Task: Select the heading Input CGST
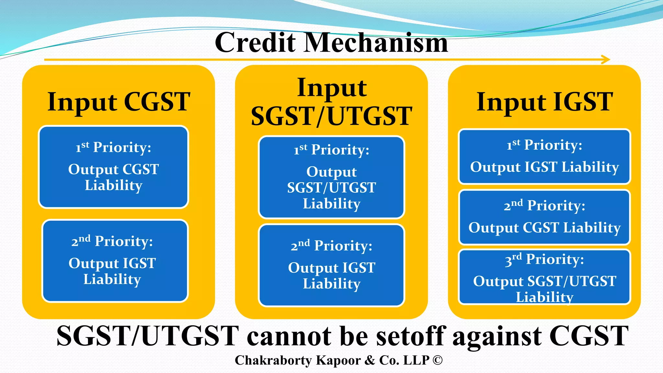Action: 118,102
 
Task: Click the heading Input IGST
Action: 545,102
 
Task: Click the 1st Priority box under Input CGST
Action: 113,167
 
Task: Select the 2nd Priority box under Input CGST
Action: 115,261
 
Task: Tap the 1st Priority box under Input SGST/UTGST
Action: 331,177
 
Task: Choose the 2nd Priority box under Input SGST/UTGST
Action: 331,265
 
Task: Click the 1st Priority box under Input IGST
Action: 544,156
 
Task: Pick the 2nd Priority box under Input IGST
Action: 544,217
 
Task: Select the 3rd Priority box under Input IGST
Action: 544,277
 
